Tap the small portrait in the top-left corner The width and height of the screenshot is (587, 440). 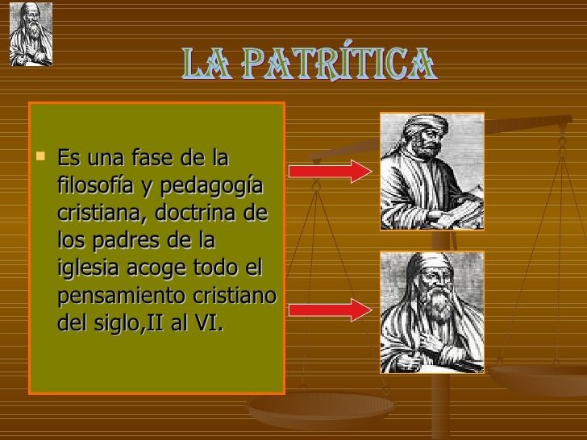(x=31, y=34)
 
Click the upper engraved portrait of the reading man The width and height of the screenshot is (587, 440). (x=431, y=172)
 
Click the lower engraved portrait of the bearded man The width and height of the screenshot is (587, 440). (x=431, y=312)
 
